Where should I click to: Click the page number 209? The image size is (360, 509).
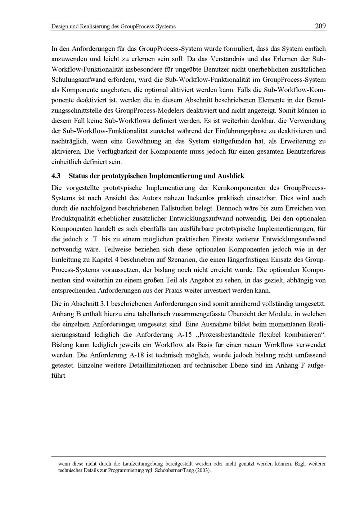(x=320, y=26)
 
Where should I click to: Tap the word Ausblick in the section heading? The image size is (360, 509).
(x=231, y=176)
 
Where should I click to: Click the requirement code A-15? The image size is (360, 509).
(x=185, y=335)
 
